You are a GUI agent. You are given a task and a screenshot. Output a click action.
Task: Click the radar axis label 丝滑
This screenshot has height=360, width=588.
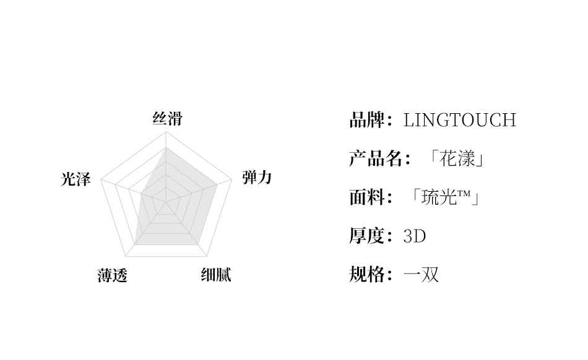click(x=167, y=118)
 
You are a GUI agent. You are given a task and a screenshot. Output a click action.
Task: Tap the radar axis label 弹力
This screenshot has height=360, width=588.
click(x=257, y=178)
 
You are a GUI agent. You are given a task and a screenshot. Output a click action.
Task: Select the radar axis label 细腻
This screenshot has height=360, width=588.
click(x=216, y=274)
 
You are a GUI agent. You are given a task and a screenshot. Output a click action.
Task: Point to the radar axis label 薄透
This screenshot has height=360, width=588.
click(x=112, y=275)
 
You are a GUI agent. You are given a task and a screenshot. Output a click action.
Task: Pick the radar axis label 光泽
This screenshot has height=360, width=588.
click(x=76, y=179)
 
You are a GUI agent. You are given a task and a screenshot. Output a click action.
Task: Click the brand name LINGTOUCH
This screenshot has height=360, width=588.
click(x=459, y=120)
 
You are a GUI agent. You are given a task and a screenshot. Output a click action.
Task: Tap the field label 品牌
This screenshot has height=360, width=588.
click(x=367, y=120)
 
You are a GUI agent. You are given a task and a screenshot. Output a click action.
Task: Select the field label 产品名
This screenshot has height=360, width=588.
click(x=376, y=159)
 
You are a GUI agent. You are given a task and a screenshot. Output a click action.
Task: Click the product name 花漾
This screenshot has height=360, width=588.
click(x=459, y=159)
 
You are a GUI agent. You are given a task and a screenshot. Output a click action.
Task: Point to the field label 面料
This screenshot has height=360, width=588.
click(x=367, y=197)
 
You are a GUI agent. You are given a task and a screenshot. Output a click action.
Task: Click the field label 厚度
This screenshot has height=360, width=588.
click(x=367, y=236)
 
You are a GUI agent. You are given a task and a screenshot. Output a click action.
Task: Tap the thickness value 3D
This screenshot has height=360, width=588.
click(x=415, y=236)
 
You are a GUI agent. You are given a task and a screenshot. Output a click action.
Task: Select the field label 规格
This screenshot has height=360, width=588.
click(x=367, y=274)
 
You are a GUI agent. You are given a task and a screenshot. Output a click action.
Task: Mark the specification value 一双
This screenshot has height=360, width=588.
click(x=421, y=274)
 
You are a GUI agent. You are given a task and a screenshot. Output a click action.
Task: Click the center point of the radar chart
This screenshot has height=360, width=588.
click(x=166, y=202)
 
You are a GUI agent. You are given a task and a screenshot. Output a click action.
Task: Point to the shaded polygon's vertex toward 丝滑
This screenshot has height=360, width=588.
click(x=166, y=148)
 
